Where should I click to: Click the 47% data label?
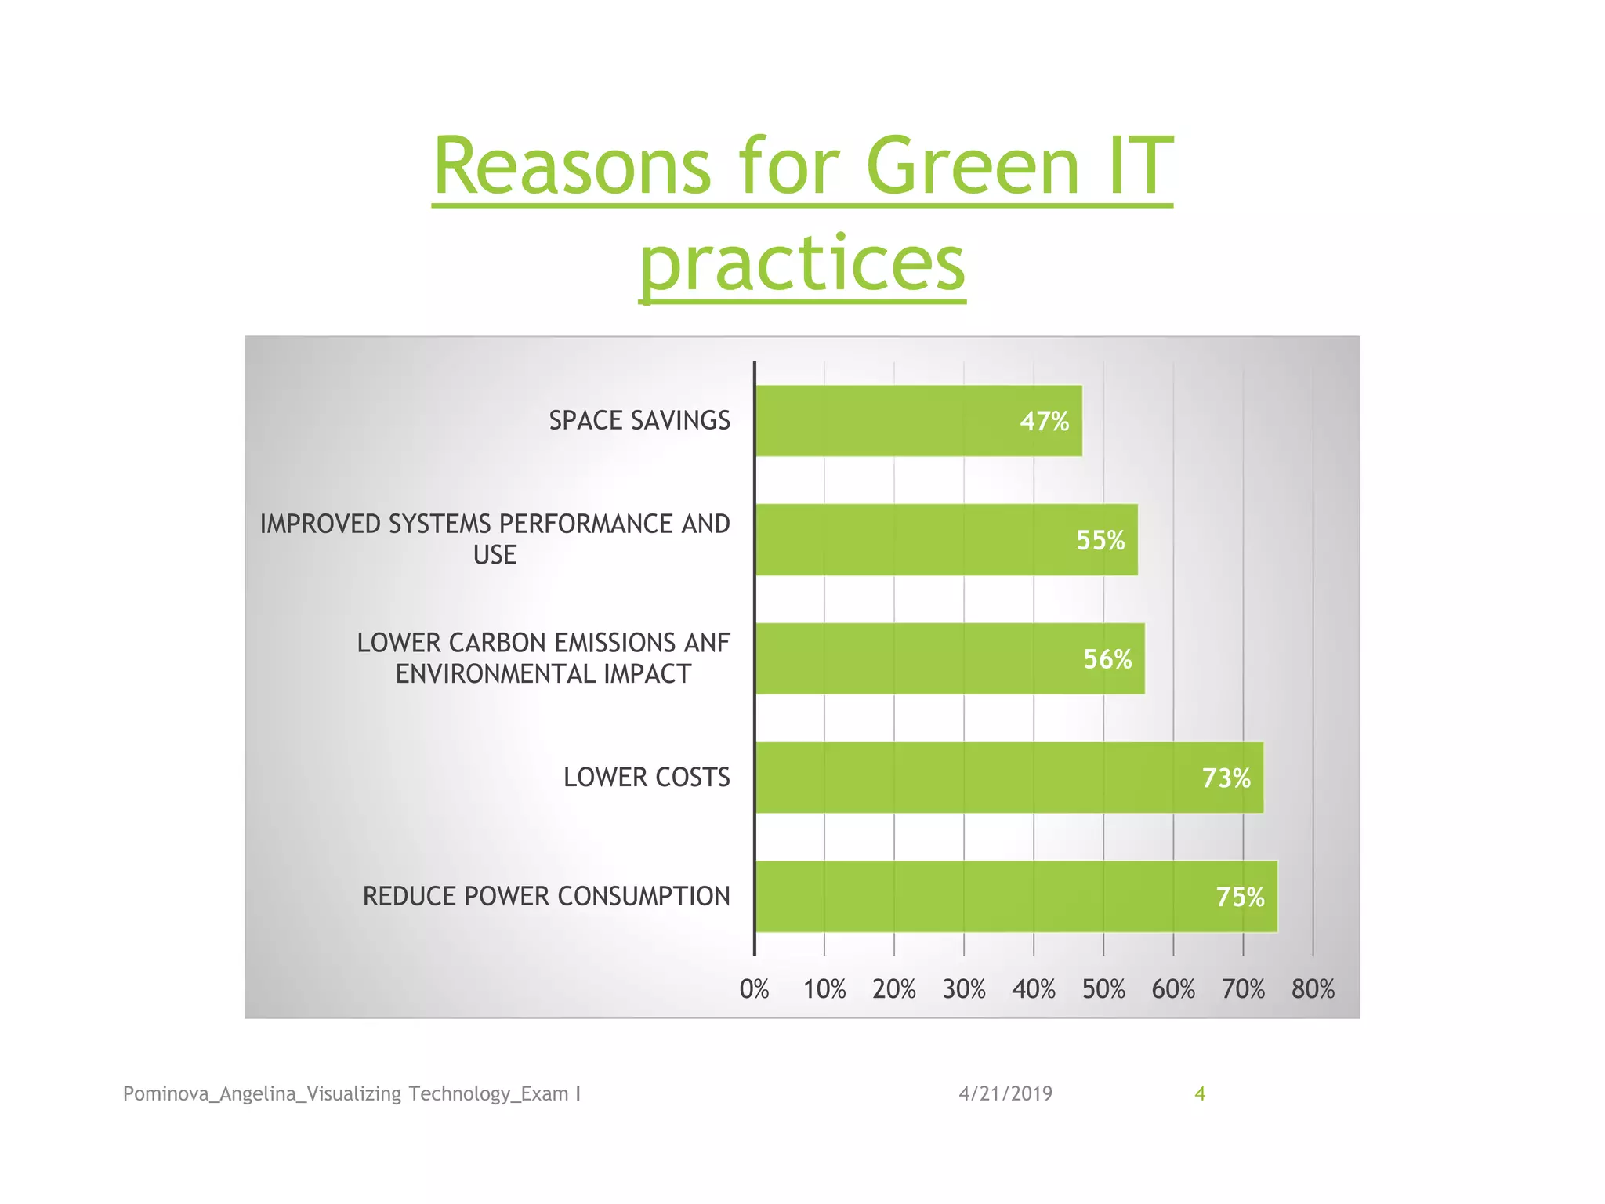click(1044, 422)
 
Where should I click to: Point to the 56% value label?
click(1107, 659)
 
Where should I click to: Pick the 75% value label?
click(1240, 897)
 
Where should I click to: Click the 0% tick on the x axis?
click(754, 989)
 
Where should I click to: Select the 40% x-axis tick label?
click(1034, 989)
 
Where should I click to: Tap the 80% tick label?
click(1313, 989)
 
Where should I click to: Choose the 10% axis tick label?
click(824, 989)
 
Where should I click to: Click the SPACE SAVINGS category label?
click(639, 421)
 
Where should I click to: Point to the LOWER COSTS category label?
click(647, 778)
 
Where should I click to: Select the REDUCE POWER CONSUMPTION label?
click(545, 896)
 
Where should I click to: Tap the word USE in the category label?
click(495, 555)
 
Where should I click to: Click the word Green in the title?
click(973, 166)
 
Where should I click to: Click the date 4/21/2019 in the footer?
click(1005, 1093)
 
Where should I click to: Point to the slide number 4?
click(1199, 1093)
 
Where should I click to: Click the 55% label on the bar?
click(1100, 540)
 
